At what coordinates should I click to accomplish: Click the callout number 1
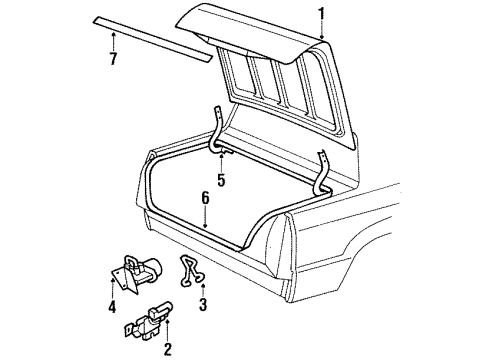(x=322, y=13)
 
